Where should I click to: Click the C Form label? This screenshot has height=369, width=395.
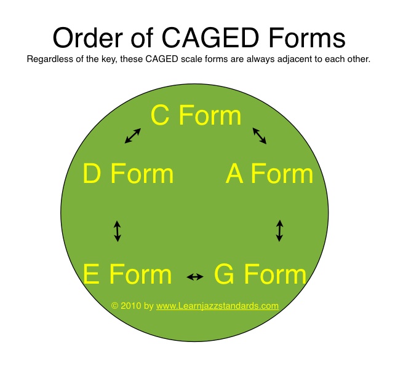(x=196, y=115)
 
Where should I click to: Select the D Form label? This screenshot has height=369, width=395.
(x=128, y=173)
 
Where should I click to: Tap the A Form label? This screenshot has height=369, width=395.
(x=269, y=173)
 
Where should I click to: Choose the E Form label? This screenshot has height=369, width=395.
(x=127, y=274)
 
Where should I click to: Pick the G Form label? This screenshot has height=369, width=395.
(x=260, y=274)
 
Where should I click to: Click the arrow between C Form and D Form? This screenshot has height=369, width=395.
(x=133, y=136)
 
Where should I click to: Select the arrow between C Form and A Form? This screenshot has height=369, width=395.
(x=260, y=136)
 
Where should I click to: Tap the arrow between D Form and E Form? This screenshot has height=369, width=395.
(x=118, y=231)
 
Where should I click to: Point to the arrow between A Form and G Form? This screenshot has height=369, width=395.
(x=279, y=231)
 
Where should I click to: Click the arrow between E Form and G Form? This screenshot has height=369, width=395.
(x=195, y=277)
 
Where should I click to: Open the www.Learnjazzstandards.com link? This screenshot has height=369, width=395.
(x=217, y=306)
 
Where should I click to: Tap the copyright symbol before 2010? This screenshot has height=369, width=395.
(x=114, y=306)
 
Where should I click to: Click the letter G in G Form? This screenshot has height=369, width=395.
(x=224, y=274)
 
